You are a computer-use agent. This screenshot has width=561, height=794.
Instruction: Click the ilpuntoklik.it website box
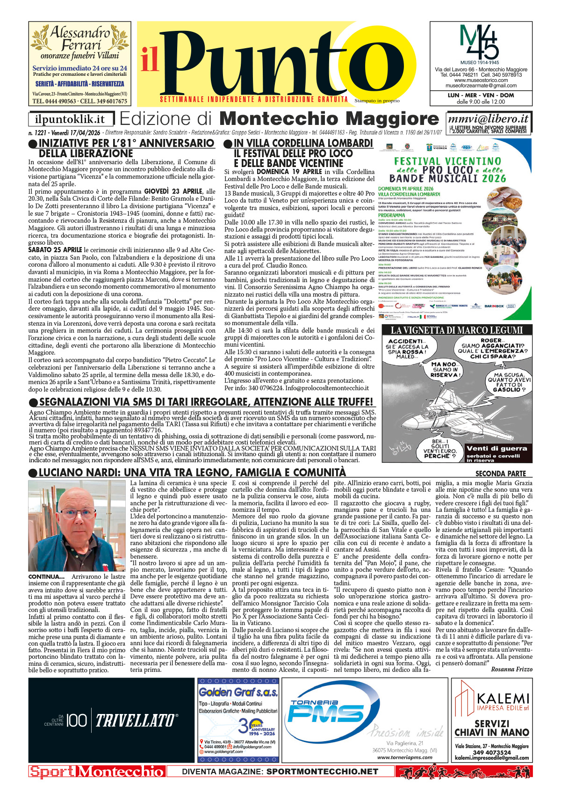click(72, 120)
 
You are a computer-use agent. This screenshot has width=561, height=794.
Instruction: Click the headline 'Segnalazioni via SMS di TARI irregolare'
click(206, 402)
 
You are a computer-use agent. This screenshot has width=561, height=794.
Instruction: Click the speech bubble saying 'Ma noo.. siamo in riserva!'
click(446, 369)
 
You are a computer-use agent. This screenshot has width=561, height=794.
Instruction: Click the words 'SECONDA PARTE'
click(500, 473)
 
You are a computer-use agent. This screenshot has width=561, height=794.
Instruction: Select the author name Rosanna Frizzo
click(511, 669)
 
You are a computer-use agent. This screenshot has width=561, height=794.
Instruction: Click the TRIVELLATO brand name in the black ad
click(136, 721)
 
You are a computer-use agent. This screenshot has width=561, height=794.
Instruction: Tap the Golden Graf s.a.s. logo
click(238, 692)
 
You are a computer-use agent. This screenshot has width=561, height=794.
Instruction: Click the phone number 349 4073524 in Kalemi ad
click(492, 752)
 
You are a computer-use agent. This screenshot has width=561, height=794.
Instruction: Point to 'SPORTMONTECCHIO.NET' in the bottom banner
click(322, 772)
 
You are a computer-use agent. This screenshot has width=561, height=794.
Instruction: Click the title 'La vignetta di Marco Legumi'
click(457, 330)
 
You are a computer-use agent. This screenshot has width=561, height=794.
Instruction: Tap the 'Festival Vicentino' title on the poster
click(447, 161)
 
